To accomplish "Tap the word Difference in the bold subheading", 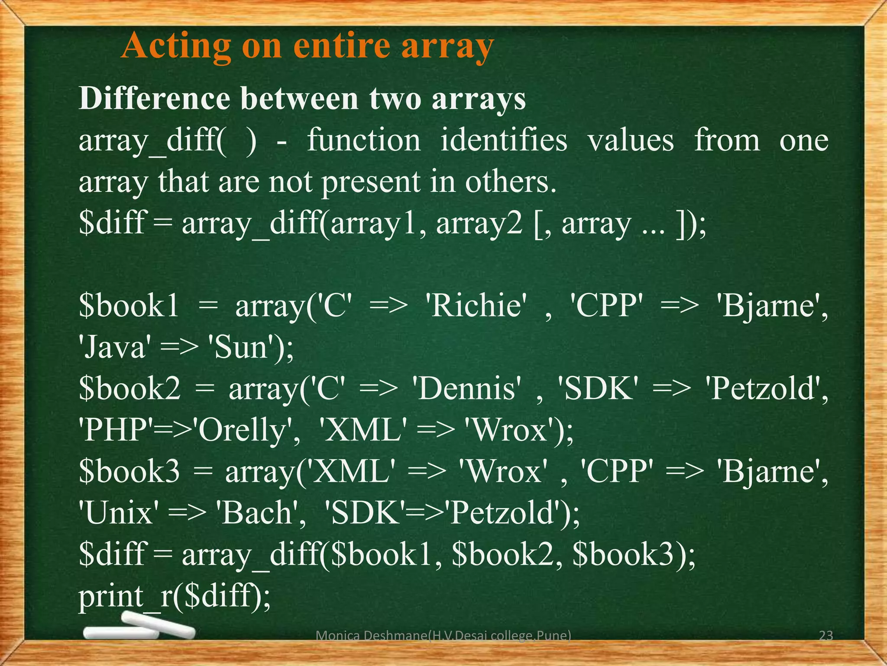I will [x=154, y=99].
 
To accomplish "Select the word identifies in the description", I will [x=504, y=141].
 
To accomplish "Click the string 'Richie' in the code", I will [x=478, y=306].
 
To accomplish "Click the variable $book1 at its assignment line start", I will [x=129, y=306].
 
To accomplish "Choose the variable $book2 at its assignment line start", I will [x=129, y=388].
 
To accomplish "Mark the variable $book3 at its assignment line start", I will [x=129, y=472].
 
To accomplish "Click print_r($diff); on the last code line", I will [x=175, y=596].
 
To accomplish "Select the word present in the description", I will [x=371, y=182].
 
